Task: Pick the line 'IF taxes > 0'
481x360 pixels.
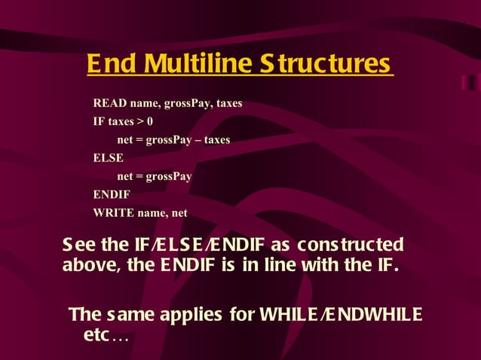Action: coord(123,121)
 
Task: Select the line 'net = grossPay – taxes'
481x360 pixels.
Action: coord(173,140)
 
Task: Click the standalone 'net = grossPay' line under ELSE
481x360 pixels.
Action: coord(154,177)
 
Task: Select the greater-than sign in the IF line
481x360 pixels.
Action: coord(140,121)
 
